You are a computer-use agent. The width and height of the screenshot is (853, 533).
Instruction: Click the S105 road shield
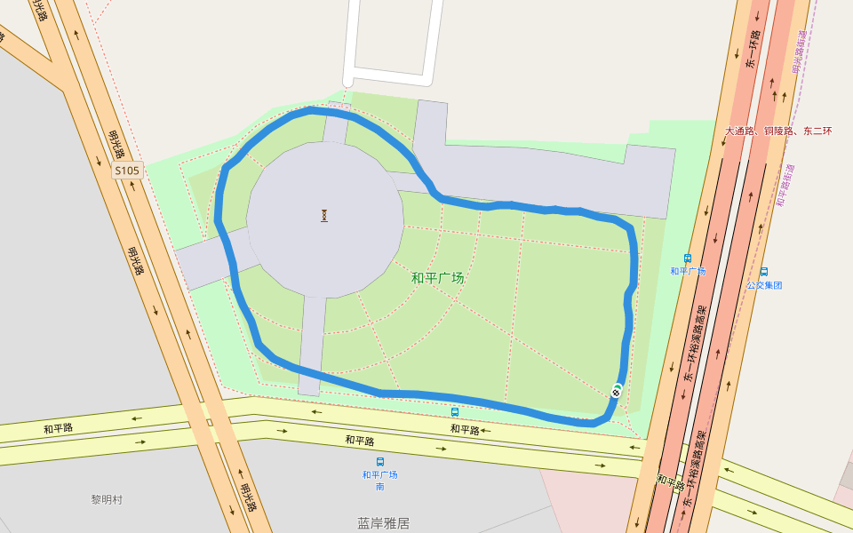pos(127,170)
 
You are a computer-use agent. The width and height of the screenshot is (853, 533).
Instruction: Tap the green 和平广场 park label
pos(437,278)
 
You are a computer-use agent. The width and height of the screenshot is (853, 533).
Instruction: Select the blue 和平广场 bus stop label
pos(688,271)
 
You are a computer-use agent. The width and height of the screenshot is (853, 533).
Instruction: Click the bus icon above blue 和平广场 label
pos(688,259)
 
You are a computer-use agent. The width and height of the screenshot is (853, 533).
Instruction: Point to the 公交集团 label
pos(763,285)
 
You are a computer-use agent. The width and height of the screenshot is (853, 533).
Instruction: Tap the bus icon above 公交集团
pos(763,272)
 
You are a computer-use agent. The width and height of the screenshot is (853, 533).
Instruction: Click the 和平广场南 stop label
pos(379,480)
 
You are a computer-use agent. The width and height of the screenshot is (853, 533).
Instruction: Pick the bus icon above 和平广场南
pos(380,462)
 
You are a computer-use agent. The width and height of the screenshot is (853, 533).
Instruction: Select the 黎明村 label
pos(107,500)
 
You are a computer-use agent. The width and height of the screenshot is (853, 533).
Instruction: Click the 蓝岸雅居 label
pos(384,523)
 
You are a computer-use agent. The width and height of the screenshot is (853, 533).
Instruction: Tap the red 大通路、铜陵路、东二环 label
pos(778,131)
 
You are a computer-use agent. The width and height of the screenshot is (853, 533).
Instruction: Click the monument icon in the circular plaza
pos(324,215)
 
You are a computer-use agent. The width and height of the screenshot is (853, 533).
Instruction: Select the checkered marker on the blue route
pos(617,390)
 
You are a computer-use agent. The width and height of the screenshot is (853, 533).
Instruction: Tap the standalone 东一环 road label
pos(753,50)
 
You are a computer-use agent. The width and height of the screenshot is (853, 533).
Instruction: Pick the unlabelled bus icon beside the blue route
pos(455,412)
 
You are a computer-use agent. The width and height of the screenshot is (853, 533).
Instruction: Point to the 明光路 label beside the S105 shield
pos(116,141)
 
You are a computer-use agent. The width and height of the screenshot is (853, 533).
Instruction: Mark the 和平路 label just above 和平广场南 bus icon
pos(360,441)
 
